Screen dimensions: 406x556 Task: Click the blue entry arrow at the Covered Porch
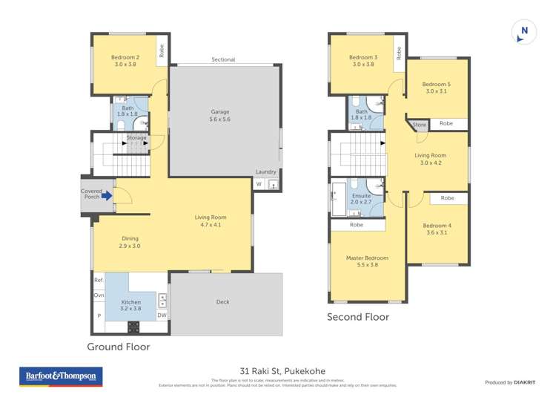click(x=108, y=197)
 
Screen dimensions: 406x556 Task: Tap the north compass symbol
click(x=524, y=32)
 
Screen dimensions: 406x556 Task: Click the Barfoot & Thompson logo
click(x=61, y=376)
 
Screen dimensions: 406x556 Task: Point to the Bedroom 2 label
click(x=125, y=61)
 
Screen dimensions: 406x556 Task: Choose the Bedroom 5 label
click(x=437, y=88)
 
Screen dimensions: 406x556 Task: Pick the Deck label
click(x=223, y=302)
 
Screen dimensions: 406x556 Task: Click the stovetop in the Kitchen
click(x=134, y=326)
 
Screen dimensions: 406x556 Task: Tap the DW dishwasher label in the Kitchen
click(x=162, y=315)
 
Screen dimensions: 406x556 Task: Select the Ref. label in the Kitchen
click(x=99, y=280)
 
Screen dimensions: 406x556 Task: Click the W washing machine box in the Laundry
click(x=259, y=184)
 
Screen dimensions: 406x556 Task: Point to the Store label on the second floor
click(x=420, y=125)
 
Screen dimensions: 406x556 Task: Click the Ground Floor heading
click(x=119, y=347)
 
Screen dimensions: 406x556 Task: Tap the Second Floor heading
click(x=358, y=317)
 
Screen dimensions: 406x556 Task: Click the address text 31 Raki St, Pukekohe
click(x=282, y=371)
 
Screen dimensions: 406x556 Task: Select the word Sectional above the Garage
click(x=222, y=59)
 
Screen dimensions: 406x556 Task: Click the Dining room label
click(x=130, y=242)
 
